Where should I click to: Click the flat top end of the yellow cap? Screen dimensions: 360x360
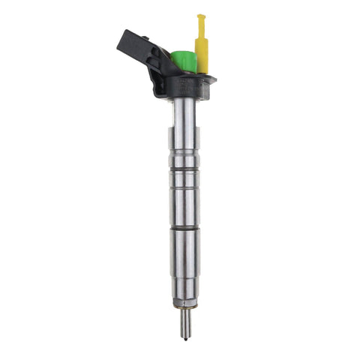point(201,16)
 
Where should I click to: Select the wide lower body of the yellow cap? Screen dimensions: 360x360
point(201,55)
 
